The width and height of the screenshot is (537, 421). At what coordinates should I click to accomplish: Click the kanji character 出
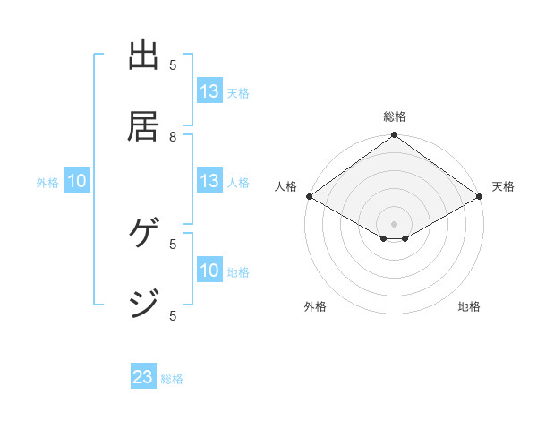[x=144, y=56]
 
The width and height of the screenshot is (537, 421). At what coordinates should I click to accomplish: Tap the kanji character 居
[x=144, y=126]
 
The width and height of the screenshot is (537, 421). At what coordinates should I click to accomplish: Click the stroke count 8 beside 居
[x=173, y=136]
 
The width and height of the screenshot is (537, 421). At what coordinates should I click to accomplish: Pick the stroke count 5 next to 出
[x=173, y=64]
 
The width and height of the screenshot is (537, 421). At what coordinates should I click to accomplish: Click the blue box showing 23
[x=143, y=377]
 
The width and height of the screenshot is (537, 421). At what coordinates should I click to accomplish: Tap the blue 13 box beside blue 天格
[x=209, y=91]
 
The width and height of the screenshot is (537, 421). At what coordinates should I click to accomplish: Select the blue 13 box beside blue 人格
[x=209, y=181]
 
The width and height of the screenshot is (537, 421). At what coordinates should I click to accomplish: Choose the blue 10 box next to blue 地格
[x=209, y=271]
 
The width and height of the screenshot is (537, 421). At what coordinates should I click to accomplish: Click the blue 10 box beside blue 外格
[x=77, y=181]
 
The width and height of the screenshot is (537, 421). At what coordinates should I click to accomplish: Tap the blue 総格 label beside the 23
[x=172, y=379]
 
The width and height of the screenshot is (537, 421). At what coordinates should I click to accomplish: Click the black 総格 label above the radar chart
[x=394, y=116]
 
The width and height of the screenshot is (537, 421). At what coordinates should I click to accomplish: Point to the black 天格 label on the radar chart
[x=503, y=186]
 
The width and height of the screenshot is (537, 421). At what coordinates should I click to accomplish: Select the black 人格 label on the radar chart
[x=286, y=186]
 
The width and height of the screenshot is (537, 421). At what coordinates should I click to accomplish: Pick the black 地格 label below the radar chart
[x=469, y=306]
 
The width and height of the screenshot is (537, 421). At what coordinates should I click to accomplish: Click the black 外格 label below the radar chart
[x=315, y=306]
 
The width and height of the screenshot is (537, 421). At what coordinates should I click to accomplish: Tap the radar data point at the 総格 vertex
[x=394, y=136]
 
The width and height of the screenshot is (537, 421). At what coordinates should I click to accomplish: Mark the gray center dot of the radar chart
[x=394, y=223]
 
